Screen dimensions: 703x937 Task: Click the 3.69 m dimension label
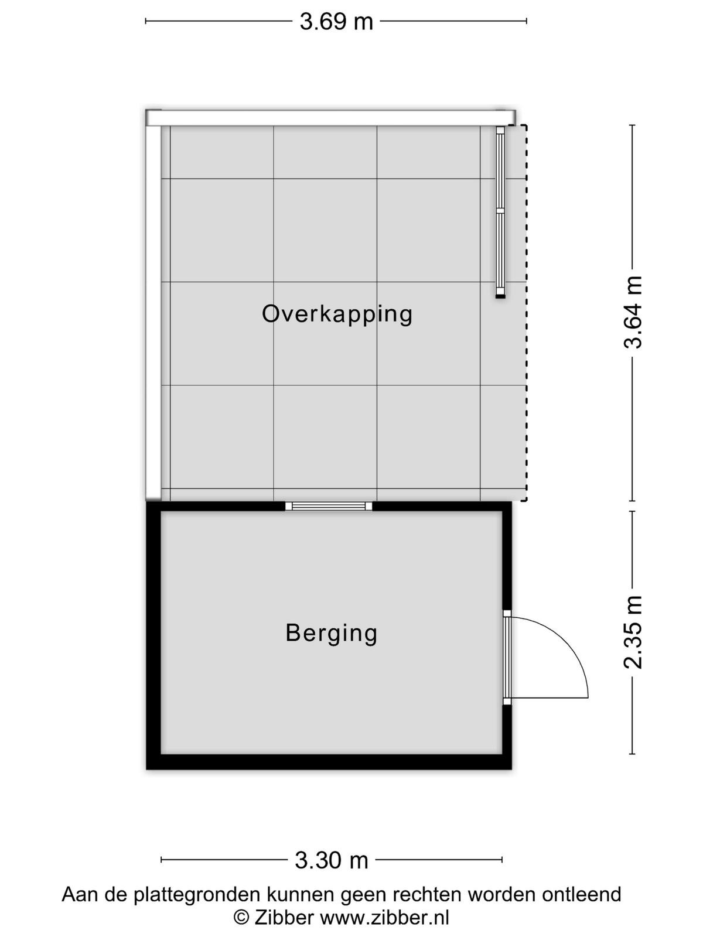336,22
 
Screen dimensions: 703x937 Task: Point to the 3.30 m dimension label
331,860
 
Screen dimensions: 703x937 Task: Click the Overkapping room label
337,314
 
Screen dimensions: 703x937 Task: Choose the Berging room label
331,633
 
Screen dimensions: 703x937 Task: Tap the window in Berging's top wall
329,506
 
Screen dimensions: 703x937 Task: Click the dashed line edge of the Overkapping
526,313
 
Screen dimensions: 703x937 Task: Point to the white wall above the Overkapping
330,117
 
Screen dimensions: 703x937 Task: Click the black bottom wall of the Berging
329,762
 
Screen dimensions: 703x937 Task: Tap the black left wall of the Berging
153,635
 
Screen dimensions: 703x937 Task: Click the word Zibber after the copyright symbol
284,917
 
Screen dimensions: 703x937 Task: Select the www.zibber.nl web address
384,917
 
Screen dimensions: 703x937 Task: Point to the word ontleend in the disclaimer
581,894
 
